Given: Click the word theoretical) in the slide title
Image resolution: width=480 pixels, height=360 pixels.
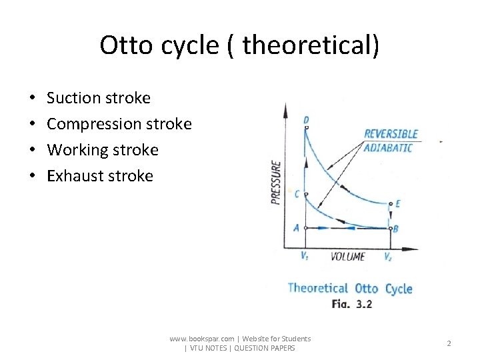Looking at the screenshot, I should pos(311,45).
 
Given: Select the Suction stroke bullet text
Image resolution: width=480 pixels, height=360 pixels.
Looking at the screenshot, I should pos(99,98).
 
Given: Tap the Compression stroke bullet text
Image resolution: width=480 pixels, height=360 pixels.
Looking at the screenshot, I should pos(119,124).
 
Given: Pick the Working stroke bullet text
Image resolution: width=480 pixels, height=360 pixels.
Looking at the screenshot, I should pos(103,150).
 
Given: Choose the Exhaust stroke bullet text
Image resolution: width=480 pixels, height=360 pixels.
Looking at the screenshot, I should pos(100,176).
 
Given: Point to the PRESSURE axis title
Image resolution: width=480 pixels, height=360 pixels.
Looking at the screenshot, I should pos(276,181).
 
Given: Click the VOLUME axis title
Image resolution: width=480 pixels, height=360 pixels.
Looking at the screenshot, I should pos(348,257).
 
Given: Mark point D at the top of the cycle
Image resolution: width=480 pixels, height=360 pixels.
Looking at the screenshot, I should pos(306,121).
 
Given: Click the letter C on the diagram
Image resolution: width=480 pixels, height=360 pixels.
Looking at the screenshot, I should pos(296,194).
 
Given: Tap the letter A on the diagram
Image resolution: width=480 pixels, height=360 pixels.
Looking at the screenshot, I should pos(296,227).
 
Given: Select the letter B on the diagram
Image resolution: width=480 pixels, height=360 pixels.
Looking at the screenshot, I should pos(397,229).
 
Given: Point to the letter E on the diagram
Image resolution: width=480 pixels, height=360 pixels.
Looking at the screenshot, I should pos(398,204).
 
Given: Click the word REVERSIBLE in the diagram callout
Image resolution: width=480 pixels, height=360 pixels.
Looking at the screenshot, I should pos(391,134).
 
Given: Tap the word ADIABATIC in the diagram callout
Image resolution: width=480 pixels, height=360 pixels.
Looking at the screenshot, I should pos(388,147).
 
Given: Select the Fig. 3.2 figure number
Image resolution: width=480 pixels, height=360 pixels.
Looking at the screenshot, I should pos(352,304).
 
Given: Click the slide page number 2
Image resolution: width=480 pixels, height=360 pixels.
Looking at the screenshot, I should pos(449,343).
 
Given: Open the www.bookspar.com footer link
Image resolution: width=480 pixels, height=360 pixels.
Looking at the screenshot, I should pos(202,339).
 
